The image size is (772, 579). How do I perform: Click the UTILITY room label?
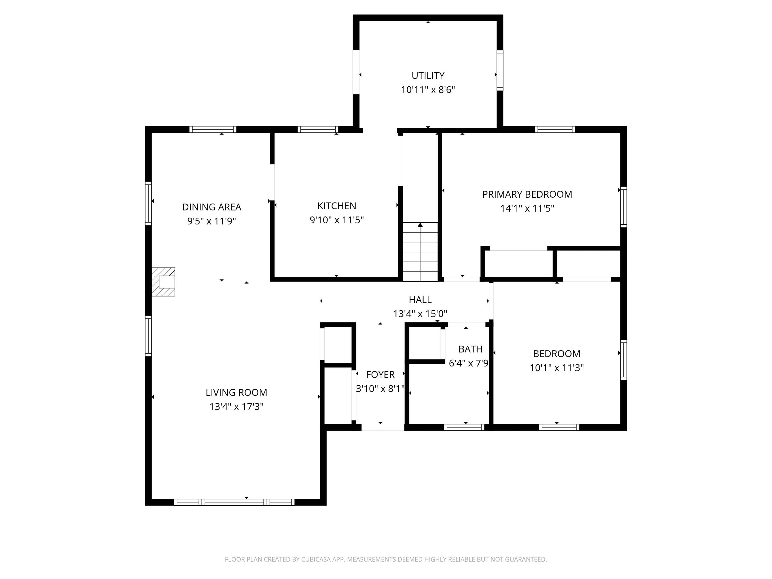(428, 76)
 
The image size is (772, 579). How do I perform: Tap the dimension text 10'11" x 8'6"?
(428, 90)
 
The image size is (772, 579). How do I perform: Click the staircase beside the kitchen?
(420, 251)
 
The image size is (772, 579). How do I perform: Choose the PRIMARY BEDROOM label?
(527, 194)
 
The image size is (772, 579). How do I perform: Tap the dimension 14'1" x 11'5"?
(527, 209)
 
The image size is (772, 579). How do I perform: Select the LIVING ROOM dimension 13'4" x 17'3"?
(236, 407)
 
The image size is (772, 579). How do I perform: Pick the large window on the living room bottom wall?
(234, 502)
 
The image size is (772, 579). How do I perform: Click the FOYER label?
(380, 374)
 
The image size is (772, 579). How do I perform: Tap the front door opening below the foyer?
(382, 427)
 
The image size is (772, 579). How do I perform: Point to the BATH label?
(470, 349)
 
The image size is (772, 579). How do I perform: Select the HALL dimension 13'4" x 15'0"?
(420, 314)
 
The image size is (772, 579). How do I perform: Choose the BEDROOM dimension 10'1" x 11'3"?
(556, 368)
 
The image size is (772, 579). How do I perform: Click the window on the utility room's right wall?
(500, 70)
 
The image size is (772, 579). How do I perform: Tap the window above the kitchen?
(318, 129)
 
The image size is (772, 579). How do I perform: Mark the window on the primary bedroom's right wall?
(623, 207)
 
